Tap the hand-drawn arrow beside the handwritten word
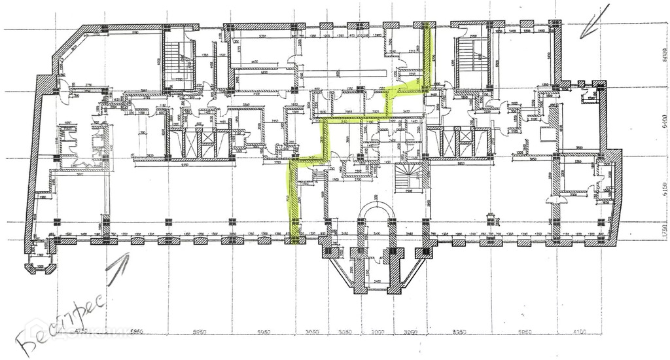(118, 266)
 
